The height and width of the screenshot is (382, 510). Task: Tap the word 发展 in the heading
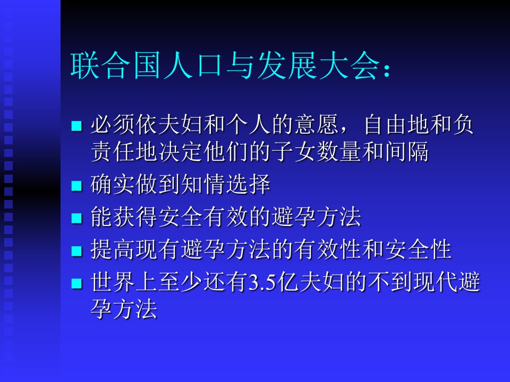pyautogui.click(x=287, y=66)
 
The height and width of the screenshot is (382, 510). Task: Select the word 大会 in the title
pyautogui.click(x=350, y=66)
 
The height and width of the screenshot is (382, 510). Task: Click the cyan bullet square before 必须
pyautogui.click(x=76, y=126)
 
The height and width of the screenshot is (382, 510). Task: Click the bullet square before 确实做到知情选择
pyautogui.click(x=76, y=186)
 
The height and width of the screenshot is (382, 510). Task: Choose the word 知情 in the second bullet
pyautogui.click(x=203, y=184)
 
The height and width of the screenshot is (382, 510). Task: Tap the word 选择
pyautogui.click(x=248, y=184)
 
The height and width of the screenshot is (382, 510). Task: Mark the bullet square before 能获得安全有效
pyautogui.click(x=76, y=218)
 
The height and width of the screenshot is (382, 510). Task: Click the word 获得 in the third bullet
pyautogui.click(x=135, y=216)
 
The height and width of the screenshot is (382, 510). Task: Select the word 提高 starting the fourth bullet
pyautogui.click(x=112, y=249)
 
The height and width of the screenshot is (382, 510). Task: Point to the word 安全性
pyautogui.click(x=418, y=249)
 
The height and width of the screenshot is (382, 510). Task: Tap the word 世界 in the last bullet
pyautogui.click(x=112, y=282)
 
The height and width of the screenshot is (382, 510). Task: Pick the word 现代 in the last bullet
pyautogui.click(x=436, y=282)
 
